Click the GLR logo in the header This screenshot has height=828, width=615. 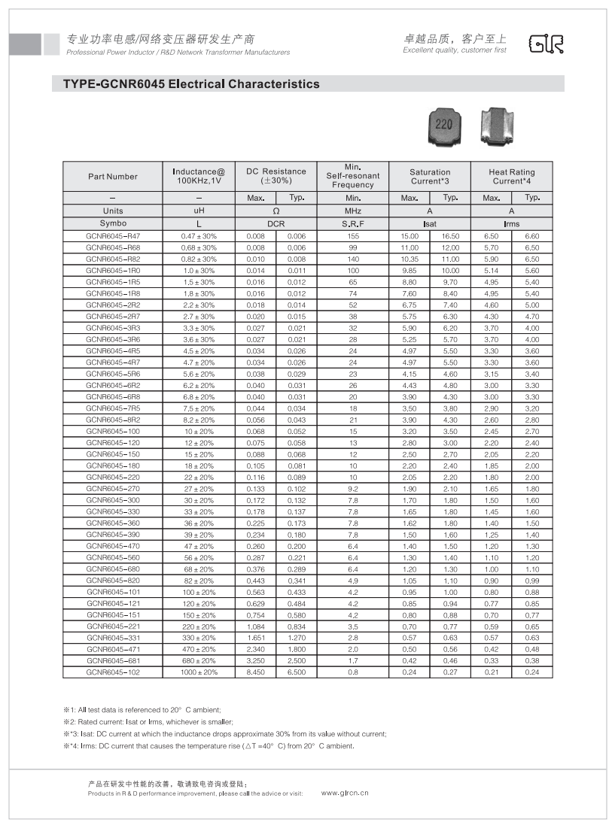[546, 44]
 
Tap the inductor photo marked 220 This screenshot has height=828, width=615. [444, 125]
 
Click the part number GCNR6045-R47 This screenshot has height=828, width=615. [113, 236]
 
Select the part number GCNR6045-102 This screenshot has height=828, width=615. [113, 672]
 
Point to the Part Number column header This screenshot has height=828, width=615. [113, 177]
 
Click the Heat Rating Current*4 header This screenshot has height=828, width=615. [511, 177]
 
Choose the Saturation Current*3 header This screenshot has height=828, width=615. [430, 177]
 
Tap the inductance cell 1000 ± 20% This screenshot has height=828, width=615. [199, 672]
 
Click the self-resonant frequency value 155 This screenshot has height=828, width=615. [353, 236]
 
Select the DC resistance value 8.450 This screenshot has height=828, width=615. [256, 672]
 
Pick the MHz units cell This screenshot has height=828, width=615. [353, 211]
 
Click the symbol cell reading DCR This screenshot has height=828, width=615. [276, 224]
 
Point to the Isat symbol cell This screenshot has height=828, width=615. [430, 224]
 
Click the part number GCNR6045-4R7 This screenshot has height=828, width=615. [113, 362]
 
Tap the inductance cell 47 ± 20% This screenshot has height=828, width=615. [199, 546]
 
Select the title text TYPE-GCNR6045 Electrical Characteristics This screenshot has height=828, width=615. [186, 84]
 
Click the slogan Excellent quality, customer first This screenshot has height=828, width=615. [455, 50]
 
